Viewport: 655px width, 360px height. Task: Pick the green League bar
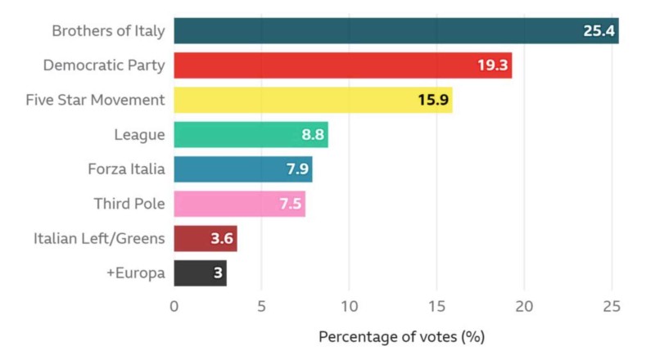pyautogui.click(x=251, y=135)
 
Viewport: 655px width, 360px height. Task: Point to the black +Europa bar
pyautogui.click(x=200, y=272)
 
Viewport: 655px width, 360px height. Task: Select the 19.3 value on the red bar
pyautogui.click(x=492, y=65)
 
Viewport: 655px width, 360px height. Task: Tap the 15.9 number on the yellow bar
pyautogui.click(x=432, y=101)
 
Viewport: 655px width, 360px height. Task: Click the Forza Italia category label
pyautogui.click(x=126, y=169)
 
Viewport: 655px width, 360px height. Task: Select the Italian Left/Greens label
pyautogui.click(x=99, y=239)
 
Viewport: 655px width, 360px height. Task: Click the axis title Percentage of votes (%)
pyautogui.click(x=402, y=337)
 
